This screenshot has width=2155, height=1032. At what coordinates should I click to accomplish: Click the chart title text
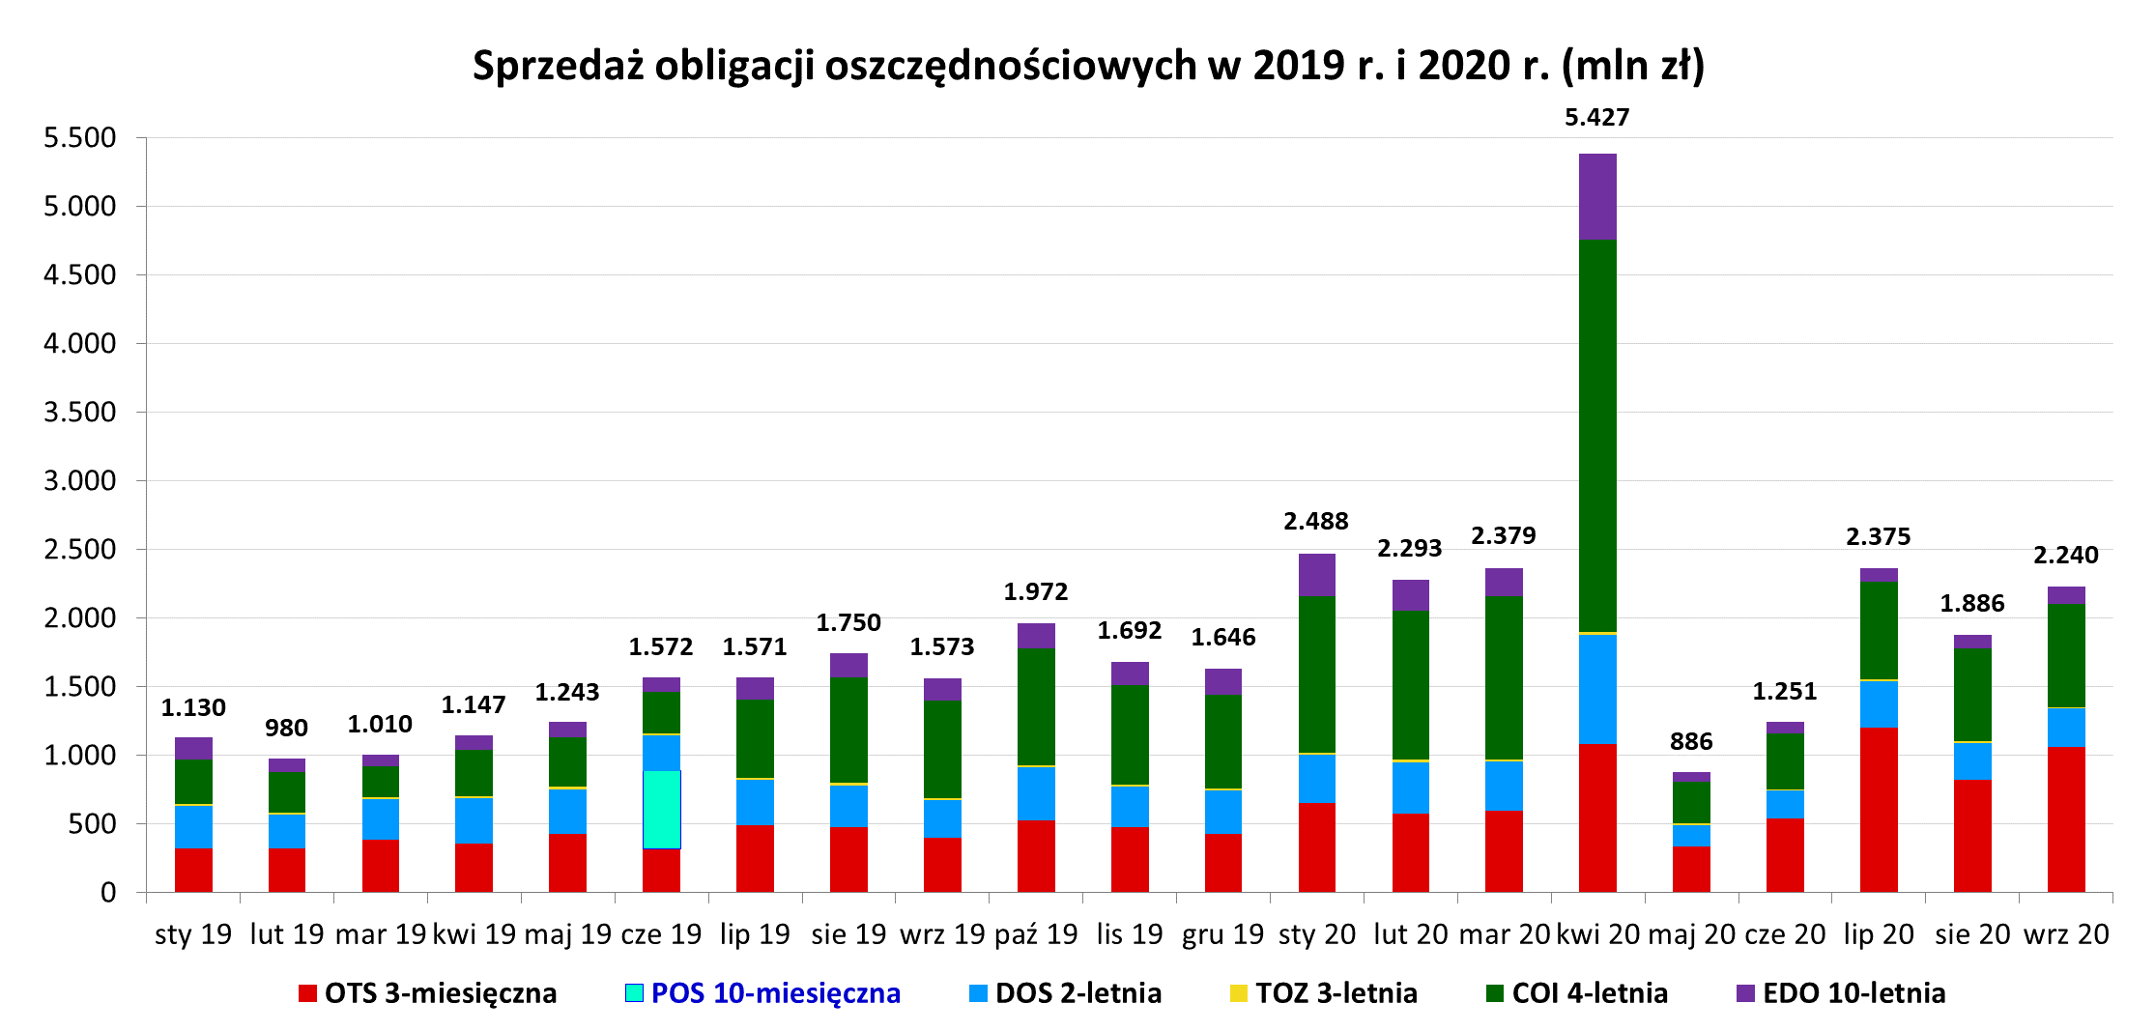click(x=1088, y=66)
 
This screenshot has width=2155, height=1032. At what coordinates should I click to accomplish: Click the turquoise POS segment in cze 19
click(x=661, y=810)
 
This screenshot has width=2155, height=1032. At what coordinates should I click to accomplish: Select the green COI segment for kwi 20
click(x=1597, y=436)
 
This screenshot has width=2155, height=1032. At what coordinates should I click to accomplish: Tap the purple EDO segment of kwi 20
click(x=1597, y=196)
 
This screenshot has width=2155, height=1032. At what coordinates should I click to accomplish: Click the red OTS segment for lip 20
click(x=1879, y=810)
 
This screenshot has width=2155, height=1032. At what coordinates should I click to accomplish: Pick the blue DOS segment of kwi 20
click(x=1597, y=689)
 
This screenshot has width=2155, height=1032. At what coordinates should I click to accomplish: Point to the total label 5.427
click(x=1597, y=118)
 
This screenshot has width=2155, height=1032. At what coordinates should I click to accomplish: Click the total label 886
click(x=1691, y=741)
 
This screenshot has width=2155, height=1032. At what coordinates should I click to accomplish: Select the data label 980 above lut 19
click(x=287, y=728)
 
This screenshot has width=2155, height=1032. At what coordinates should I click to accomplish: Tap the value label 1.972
click(x=1036, y=591)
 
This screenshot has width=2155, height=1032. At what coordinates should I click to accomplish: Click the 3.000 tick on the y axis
click(x=80, y=480)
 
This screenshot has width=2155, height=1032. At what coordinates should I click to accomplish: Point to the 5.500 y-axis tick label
click(x=80, y=137)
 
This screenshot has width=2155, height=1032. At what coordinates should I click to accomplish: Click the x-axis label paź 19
click(x=1036, y=934)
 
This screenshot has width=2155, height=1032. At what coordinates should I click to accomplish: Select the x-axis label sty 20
click(x=1317, y=934)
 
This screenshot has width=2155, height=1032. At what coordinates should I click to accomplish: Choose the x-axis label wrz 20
click(x=2066, y=934)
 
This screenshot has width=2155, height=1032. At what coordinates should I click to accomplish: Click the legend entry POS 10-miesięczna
click(x=762, y=993)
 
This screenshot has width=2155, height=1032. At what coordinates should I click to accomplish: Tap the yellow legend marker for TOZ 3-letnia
click(x=1239, y=993)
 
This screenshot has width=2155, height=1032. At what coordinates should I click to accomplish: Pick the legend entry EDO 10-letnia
click(x=1841, y=993)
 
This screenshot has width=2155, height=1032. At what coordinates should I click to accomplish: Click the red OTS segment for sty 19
click(x=193, y=870)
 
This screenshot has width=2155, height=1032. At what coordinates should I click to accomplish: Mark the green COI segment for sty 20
click(x=1317, y=674)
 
